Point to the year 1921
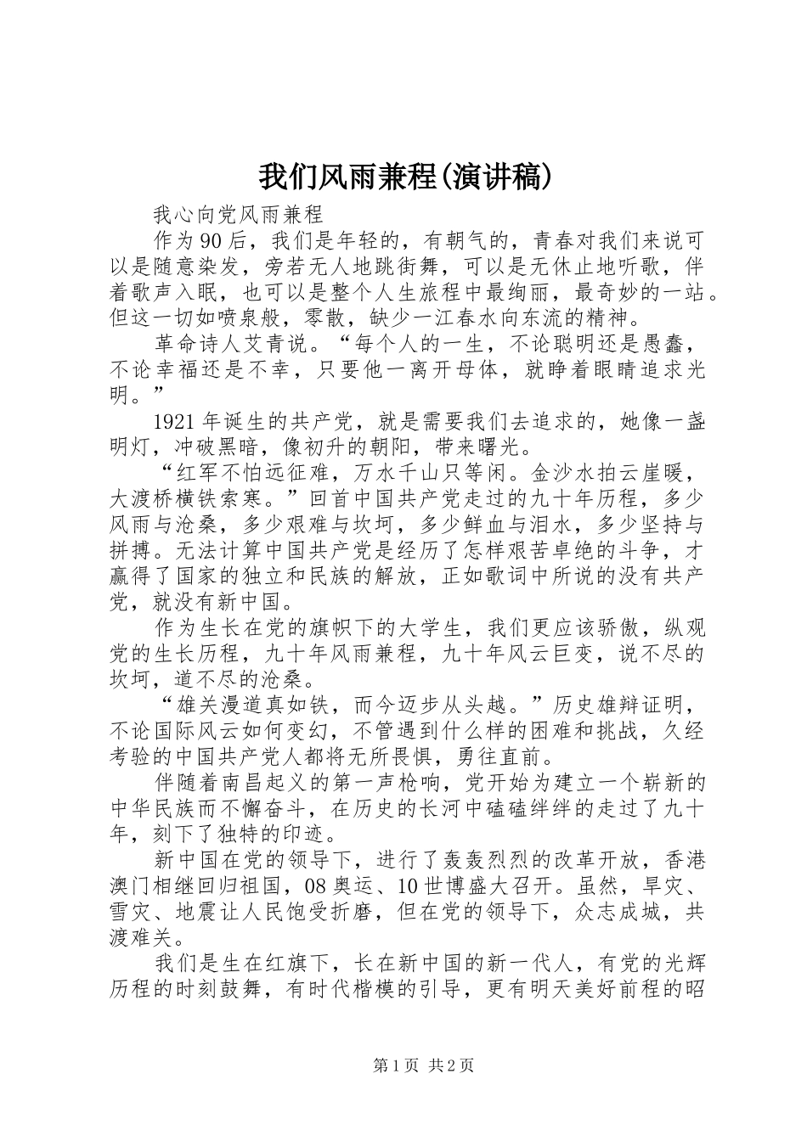(x=177, y=424)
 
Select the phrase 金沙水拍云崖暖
(x=617, y=470)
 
